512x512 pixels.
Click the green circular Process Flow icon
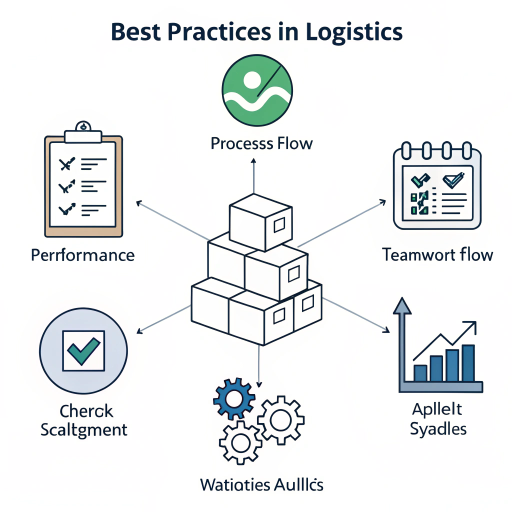(256, 91)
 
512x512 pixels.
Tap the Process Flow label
(261, 144)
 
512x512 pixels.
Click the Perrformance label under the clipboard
(83, 255)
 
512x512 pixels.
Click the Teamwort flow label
(437, 255)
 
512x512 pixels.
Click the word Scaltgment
(83, 429)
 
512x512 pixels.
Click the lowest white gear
(241, 442)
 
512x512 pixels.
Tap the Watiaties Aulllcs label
(261, 484)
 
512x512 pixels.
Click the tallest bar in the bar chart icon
(468, 362)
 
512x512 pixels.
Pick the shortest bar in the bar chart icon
(420, 372)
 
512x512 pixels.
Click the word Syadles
(438, 429)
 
